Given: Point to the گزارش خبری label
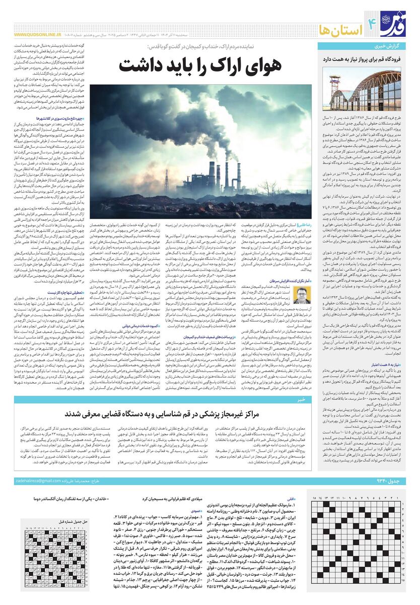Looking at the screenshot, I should (x=393, y=46).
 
